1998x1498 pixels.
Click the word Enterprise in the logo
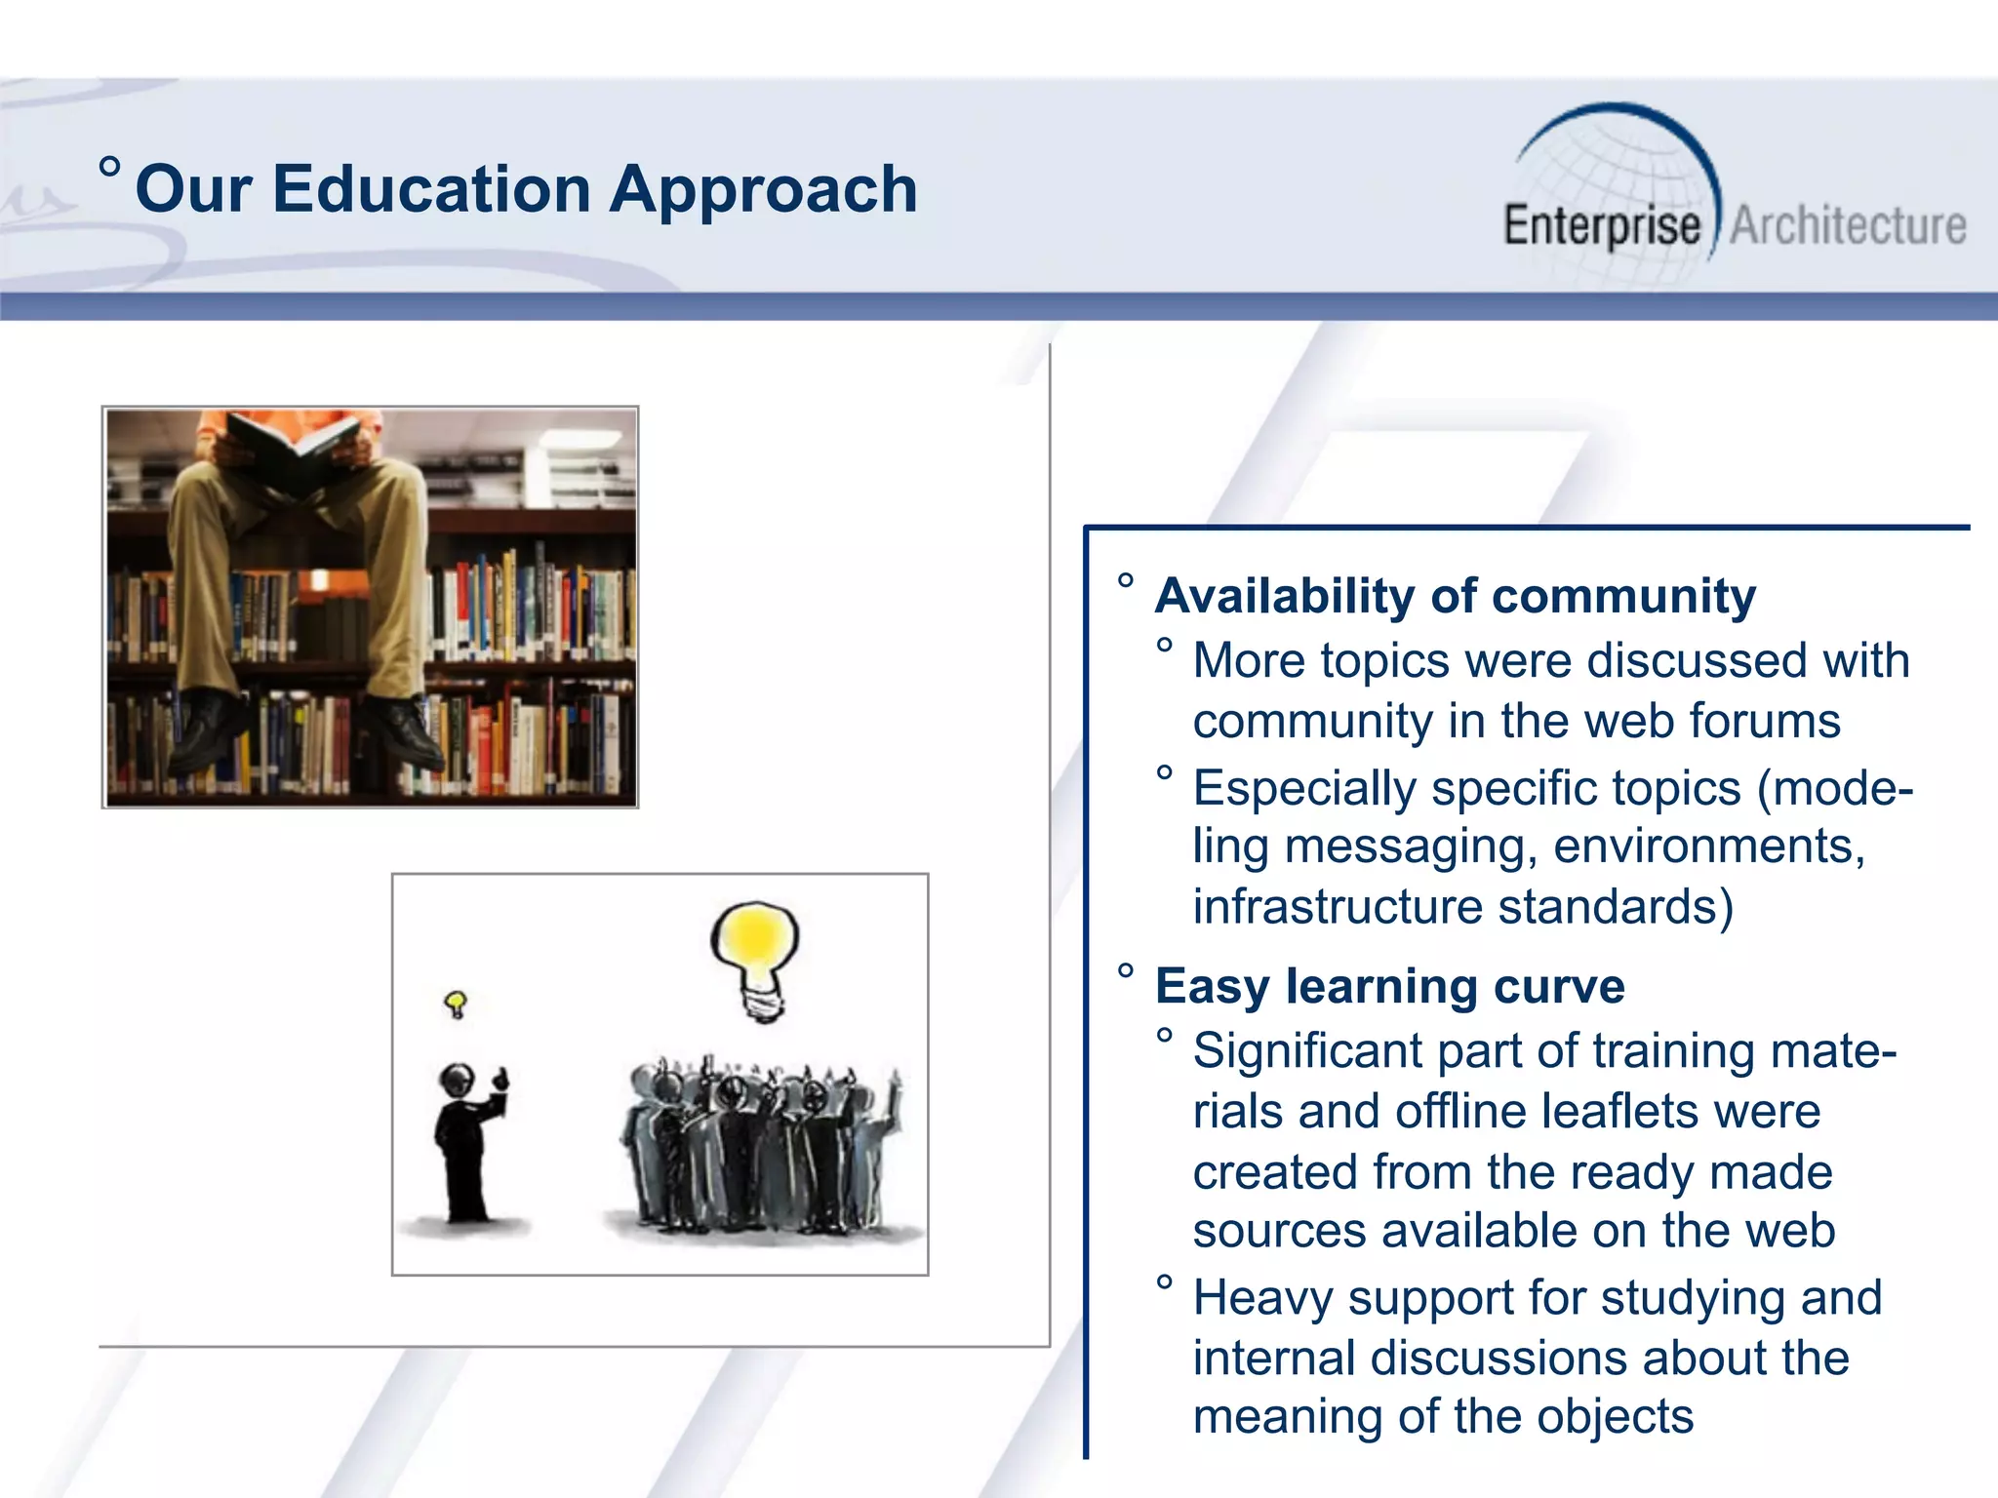coord(1601,226)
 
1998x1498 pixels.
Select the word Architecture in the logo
coord(1848,226)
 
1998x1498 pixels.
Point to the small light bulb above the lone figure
coord(456,1004)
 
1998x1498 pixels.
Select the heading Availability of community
coord(1455,596)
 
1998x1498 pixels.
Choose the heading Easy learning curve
coord(1389,986)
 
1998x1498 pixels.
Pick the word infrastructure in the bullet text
coord(1338,907)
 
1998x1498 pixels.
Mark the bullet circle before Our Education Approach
coord(110,167)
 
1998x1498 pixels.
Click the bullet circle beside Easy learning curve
coord(1126,972)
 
